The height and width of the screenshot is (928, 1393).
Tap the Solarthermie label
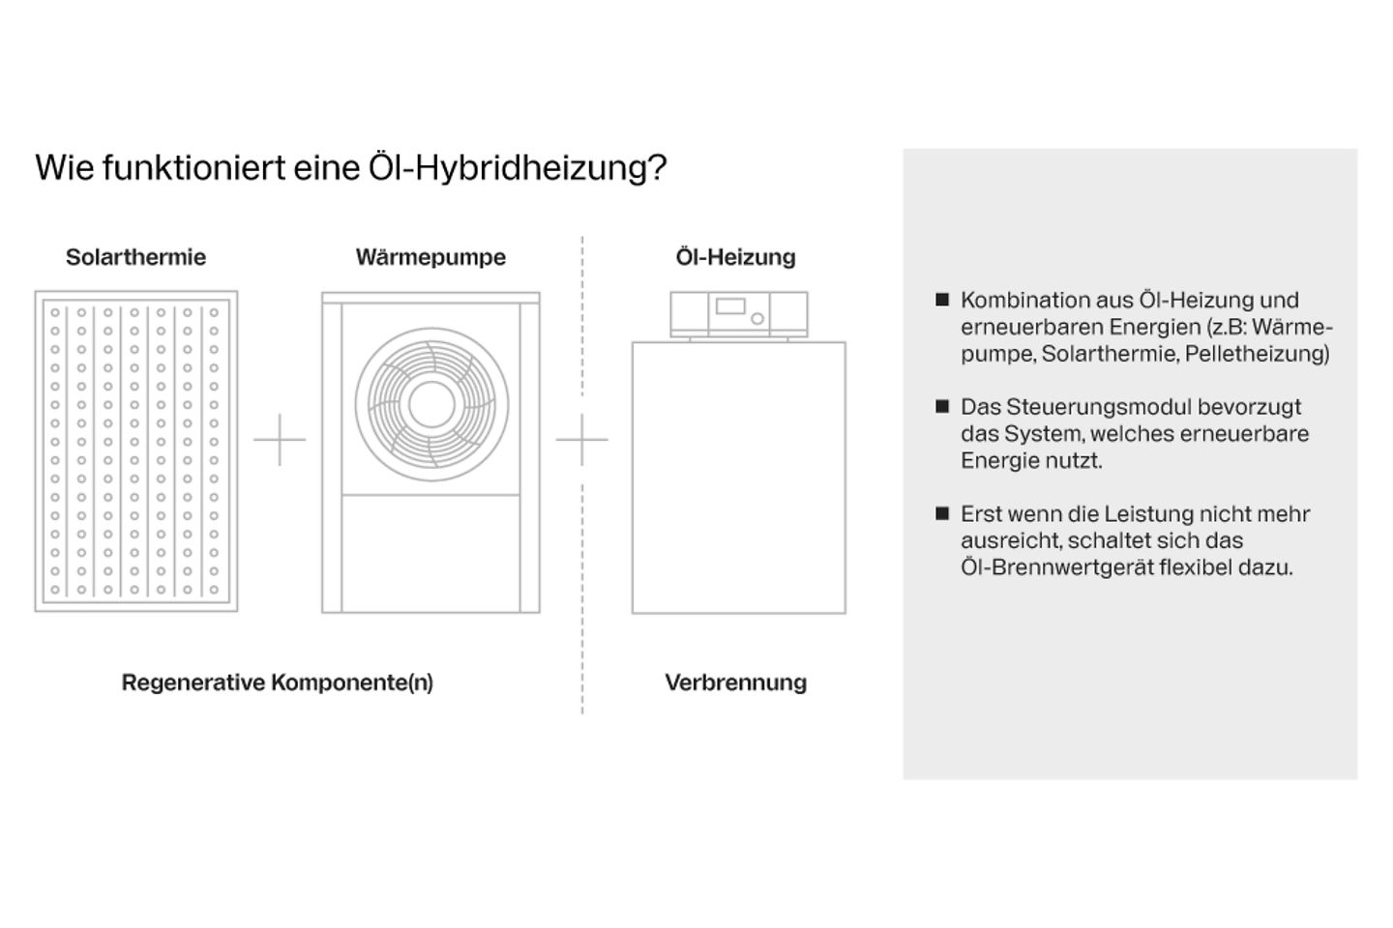click(135, 257)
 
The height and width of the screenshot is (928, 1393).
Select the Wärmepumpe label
click(430, 257)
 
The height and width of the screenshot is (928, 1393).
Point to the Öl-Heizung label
click(736, 257)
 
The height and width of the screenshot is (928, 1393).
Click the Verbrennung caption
click(736, 682)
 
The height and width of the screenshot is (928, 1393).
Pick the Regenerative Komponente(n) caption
click(278, 682)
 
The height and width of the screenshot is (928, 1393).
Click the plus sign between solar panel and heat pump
click(280, 440)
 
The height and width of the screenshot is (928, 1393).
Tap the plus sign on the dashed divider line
click(582, 440)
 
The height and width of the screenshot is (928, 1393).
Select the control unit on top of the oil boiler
click(739, 314)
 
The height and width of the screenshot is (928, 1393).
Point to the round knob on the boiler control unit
click(757, 318)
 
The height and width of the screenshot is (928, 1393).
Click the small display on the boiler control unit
click(730, 307)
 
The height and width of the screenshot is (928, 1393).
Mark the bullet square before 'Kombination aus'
click(942, 300)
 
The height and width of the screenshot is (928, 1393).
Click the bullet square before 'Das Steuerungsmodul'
click(942, 407)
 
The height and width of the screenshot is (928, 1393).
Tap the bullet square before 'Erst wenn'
click(942, 514)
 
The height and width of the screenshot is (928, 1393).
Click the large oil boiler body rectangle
click(739, 478)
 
